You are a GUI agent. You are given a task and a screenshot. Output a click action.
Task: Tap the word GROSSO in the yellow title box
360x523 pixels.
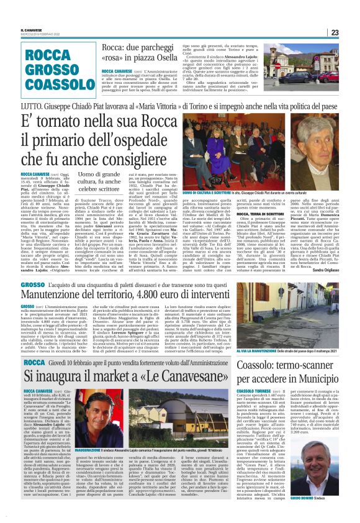coord(52,68)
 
